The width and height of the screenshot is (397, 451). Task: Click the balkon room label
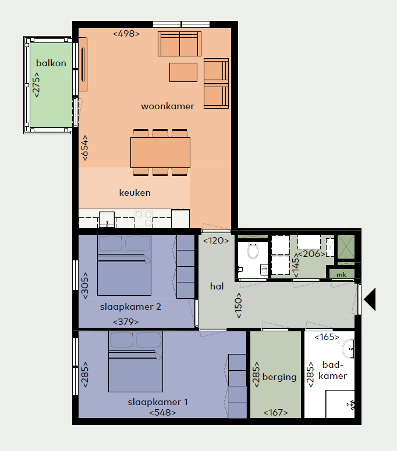click(51, 63)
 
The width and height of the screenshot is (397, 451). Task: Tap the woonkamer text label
click(168, 106)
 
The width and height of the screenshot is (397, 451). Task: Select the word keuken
click(135, 192)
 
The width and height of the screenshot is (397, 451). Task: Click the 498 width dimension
click(126, 34)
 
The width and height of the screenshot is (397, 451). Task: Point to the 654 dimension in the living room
click(85, 148)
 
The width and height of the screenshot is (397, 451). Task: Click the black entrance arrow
click(370, 299)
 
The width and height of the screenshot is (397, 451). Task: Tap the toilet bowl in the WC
click(253, 251)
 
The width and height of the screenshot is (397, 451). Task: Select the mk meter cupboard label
click(341, 275)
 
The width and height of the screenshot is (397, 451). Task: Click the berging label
click(279, 377)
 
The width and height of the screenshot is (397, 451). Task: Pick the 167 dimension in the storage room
click(275, 413)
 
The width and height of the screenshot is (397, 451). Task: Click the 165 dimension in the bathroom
click(327, 337)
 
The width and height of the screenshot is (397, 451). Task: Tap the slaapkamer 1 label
click(158, 402)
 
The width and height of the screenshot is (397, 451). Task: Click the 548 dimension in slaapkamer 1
click(162, 413)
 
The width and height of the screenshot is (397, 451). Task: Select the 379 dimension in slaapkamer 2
click(126, 321)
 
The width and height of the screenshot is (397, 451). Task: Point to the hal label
click(217, 286)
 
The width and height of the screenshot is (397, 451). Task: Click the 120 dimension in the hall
click(216, 241)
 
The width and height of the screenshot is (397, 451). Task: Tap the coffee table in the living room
click(183, 73)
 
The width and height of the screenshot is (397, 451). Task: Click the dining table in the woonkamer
click(160, 152)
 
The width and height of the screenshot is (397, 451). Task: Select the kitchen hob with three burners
click(143, 219)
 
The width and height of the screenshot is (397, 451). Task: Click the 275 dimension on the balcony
click(36, 85)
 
